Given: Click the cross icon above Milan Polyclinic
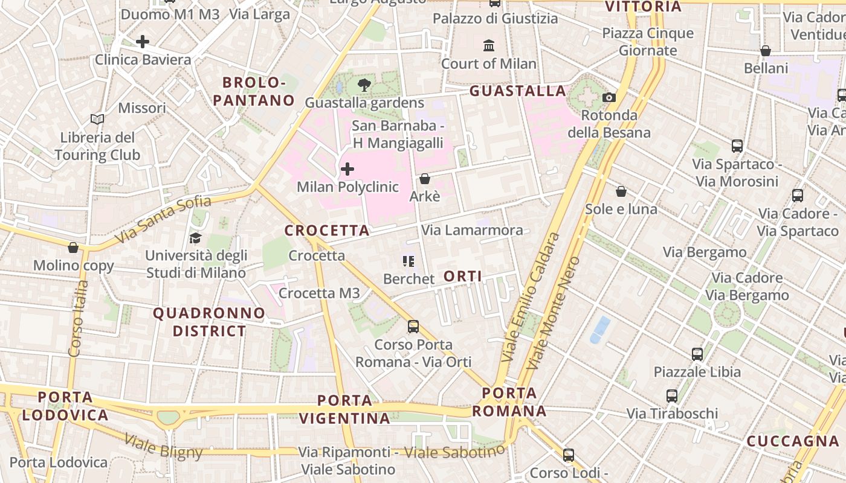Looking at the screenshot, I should coord(347,169).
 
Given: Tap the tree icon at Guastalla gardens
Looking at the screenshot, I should coord(364,85).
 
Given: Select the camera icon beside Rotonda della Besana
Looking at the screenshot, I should coord(609,97).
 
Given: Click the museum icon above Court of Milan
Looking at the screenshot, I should coord(488,45).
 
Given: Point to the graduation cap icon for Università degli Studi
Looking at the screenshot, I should coord(195,238).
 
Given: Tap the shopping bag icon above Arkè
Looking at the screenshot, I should coord(425,179).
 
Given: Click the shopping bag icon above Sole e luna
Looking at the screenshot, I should coord(621,192).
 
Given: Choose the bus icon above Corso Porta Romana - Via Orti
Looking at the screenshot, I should coord(413,327).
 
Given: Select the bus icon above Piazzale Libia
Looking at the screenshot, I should coord(697,354).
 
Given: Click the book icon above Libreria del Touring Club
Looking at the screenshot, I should coord(97,120).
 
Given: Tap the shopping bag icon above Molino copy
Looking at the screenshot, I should coord(73,248).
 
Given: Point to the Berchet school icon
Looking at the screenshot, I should coord(408,261).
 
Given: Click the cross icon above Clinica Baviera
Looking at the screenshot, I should coord(143,42).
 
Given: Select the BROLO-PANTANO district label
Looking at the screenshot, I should coord(254,91).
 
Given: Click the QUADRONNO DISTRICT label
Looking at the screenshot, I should coord(209,322).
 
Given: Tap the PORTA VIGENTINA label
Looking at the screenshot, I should coord(345,409).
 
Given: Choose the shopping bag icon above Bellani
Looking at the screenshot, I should coord(766,51).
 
